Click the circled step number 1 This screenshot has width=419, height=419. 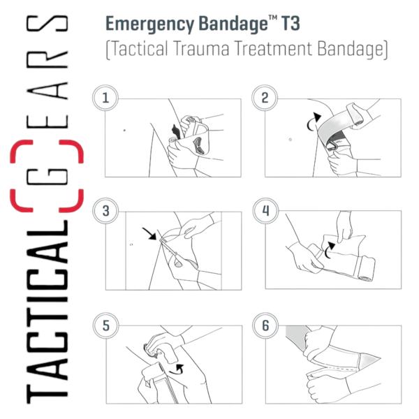105,98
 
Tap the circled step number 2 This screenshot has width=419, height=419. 265,98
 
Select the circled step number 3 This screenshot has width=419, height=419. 106,211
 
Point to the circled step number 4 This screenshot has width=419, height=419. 265,211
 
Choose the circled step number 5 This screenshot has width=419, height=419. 106,325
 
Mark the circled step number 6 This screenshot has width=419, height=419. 265,325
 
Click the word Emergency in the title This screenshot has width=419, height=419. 149,24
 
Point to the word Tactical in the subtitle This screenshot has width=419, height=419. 140,49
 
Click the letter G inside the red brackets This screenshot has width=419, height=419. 47,177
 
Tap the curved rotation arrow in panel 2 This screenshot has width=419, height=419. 313,122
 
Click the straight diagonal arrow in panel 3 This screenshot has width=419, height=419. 149,233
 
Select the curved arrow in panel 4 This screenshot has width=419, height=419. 329,250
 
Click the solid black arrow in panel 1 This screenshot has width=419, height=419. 176,131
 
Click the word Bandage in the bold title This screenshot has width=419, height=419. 233,24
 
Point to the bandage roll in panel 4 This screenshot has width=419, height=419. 366,269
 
